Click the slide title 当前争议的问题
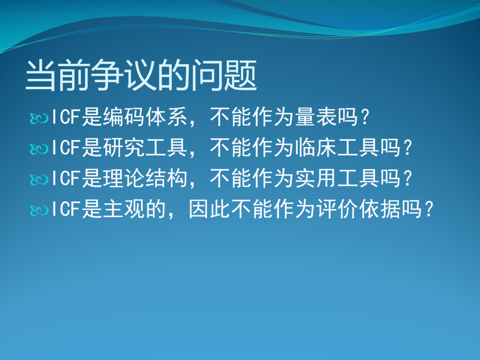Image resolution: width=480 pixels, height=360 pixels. tap(141, 75)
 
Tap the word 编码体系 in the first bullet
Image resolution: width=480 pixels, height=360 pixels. tap(145, 117)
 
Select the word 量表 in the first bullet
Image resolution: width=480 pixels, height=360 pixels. tap(316, 117)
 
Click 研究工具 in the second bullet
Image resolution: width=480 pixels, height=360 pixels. tap(145, 147)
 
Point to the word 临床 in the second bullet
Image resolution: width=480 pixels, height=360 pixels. tap(316, 147)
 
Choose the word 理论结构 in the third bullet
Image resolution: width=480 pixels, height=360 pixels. tap(145, 178)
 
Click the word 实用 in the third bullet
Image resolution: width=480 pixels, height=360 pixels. tap(316, 178)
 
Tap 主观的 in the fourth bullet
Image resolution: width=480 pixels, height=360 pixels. tap(134, 209)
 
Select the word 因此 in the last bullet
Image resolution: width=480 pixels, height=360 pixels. tap(209, 209)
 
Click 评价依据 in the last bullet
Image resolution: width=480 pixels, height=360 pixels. tap(358, 209)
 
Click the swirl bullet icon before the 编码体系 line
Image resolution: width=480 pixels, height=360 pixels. tap(39, 118)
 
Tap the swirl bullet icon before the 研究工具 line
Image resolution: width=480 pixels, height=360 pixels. tap(39, 149)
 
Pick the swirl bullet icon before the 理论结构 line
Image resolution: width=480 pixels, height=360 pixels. tap(39, 179)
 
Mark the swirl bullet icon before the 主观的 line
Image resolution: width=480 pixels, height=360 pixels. tap(39, 210)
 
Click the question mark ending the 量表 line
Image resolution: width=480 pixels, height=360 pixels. tap(365, 117)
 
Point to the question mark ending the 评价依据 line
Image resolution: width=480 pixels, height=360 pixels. tap(429, 209)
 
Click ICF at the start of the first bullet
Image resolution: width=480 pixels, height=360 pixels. tap(66, 117)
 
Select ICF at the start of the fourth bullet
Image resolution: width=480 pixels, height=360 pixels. tap(66, 209)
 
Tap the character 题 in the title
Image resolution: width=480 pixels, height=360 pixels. tap(241, 75)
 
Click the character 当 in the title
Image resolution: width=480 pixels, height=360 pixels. tap(40, 75)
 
